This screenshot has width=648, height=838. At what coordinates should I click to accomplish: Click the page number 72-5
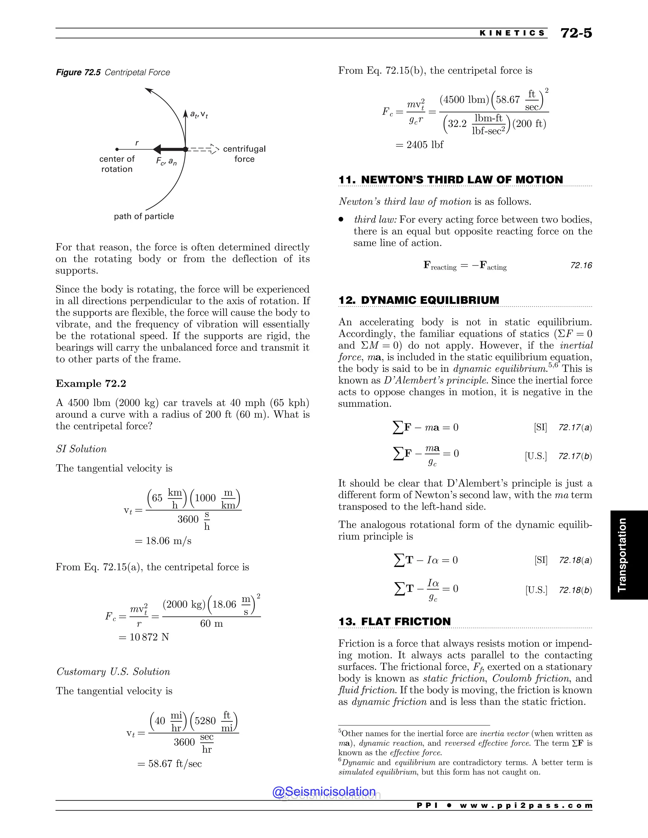tap(576, 33)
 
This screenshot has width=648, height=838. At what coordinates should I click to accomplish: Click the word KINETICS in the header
tap(512, 33)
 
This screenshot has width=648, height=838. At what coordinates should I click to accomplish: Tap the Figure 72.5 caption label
tap(78, 72)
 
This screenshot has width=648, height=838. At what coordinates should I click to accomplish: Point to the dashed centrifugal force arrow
tap(202, 149)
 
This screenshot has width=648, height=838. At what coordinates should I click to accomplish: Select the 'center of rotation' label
tap(117, 164)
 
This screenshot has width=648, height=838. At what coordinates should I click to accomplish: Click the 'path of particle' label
tap(144, 216)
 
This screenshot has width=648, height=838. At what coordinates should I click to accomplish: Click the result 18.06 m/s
tap(163, 541)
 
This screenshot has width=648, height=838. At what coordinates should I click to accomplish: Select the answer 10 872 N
tap(144, 637)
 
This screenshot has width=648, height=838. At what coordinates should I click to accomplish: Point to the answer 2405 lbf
tap(420, 145)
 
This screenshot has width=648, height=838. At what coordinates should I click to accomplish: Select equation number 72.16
tap(581, 265)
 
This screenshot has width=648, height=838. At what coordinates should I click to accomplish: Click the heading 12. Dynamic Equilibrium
tap(418, 300)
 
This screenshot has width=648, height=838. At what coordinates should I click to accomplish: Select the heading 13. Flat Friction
tap(394, 622)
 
